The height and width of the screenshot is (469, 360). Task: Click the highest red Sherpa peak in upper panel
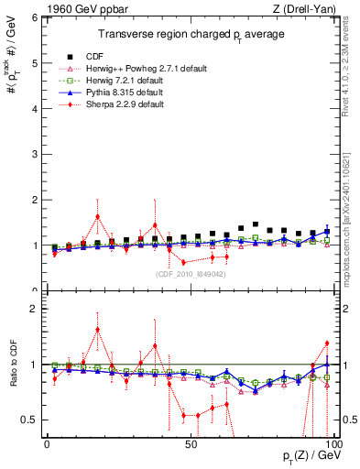pyautogui.click(x=97, y=217)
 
